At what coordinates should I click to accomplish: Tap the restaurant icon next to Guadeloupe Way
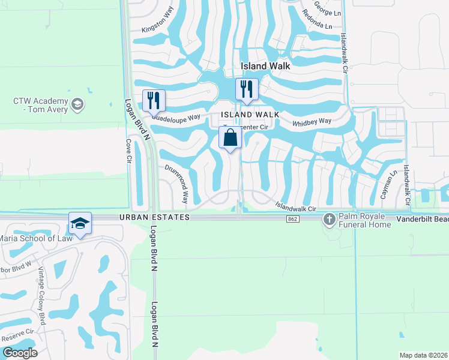154,100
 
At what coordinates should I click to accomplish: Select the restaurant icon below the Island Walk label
246,89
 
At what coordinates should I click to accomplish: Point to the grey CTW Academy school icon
77,106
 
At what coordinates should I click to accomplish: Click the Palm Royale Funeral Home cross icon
329,220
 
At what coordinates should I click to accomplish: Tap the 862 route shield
292,220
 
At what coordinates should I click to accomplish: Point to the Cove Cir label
128,151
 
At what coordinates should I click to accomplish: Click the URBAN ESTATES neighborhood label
154,217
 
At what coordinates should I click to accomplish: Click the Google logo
20,353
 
